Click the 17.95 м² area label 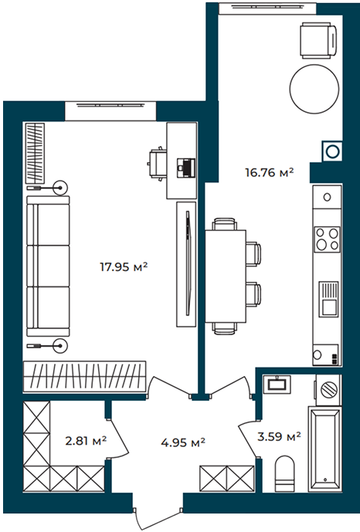pos(124,267)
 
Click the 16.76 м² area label pos(270,173)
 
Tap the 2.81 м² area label pos(86,441)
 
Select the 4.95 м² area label pos(183,442)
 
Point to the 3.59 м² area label pos(279,436)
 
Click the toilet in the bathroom pos(284,473)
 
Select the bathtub pos(324,449)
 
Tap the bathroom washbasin pos(277,384)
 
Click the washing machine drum pos(329,389)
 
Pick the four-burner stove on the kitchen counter pos(327,239)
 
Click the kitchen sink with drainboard pos(328,300)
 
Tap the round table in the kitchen pos(314,89)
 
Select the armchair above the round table pos(319,41)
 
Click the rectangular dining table pos(226,276)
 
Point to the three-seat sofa pos(48,266)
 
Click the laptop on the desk pos(186,168)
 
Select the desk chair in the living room pos(157,164)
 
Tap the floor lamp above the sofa pos(47,188)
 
